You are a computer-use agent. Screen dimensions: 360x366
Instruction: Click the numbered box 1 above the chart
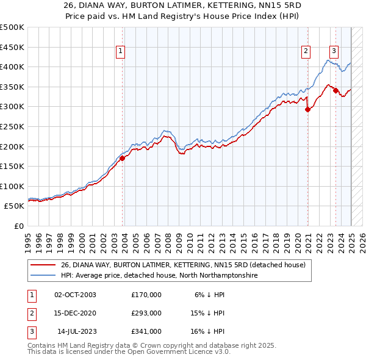121,52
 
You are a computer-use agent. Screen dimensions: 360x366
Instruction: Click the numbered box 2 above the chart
305,52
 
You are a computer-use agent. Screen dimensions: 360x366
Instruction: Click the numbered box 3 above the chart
334,51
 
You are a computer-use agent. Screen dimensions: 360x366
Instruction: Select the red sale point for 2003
122,158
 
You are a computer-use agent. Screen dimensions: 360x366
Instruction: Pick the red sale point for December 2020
307,110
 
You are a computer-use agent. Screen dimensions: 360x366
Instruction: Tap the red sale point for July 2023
336,90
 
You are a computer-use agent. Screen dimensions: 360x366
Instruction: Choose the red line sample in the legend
43,265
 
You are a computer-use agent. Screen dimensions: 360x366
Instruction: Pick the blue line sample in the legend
43,276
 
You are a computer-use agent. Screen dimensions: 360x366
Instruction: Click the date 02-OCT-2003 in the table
75,295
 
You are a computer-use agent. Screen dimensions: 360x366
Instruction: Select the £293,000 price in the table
146,313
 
